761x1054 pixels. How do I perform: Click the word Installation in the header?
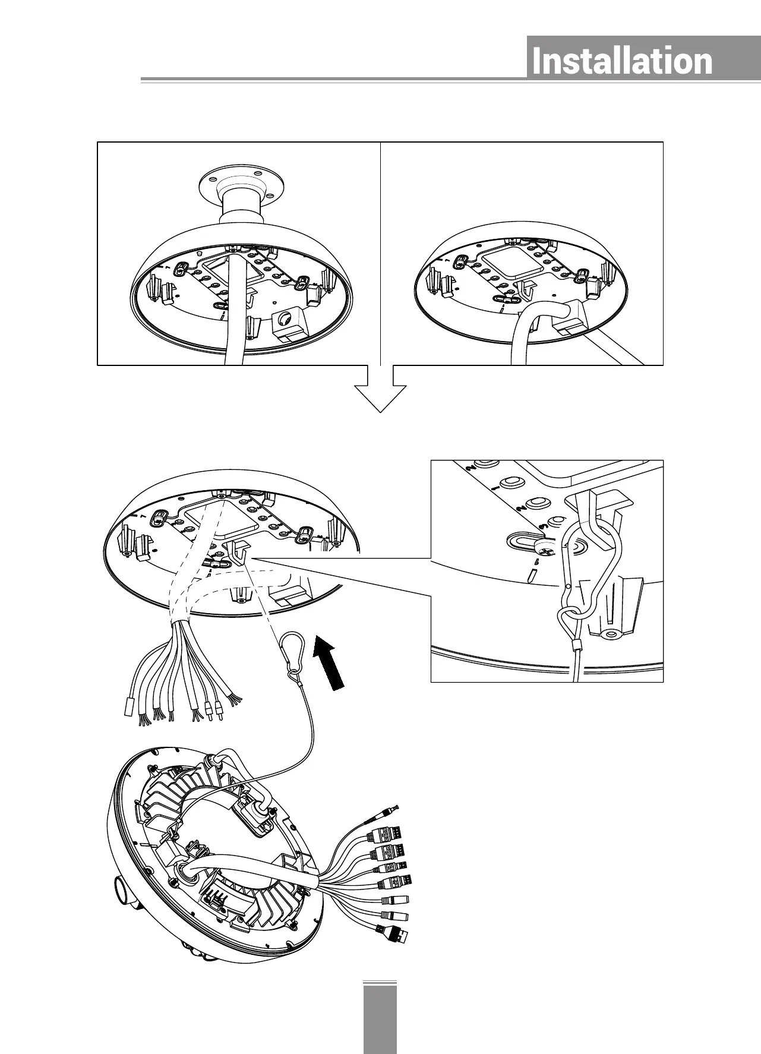click(x=621, y=62)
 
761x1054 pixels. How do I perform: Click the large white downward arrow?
click(x=380, y=392)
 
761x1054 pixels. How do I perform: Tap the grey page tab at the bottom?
click(x=380, y=1018)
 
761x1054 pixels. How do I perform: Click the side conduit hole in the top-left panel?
click(x=288, y=319)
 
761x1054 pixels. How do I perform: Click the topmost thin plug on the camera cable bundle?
click(x=389, y=813)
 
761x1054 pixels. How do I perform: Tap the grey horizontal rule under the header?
click(x=333, y=79)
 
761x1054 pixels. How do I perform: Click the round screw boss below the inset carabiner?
click(x=609, y=634)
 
